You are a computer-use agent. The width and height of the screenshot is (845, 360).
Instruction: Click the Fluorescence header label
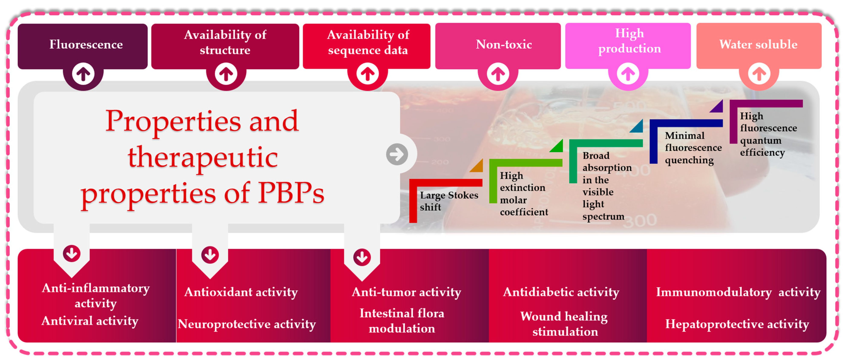tap(86, 44)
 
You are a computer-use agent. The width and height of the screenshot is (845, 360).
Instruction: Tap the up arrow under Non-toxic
tap(498, 74)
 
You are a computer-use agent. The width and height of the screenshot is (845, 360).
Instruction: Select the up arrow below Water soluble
tap(759, 74)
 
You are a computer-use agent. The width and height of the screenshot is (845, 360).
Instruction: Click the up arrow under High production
tap(628, 74)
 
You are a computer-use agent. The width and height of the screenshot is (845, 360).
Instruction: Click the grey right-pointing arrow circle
tap(397, 154)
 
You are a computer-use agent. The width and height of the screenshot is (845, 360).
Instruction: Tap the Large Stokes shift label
tap(449, 201)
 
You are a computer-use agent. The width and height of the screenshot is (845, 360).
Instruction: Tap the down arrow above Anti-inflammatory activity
tap(72, 253)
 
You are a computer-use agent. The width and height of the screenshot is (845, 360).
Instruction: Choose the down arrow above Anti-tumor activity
tap(362, 257)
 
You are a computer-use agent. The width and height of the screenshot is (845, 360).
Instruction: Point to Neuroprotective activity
tap(247, 324)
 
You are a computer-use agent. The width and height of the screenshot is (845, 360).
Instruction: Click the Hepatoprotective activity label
tap(737, 324)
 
